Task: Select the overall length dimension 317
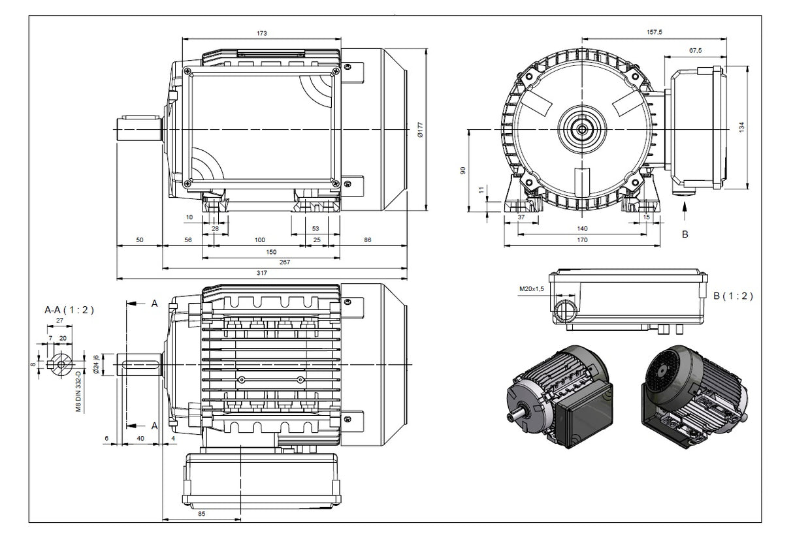(x=261, y=273)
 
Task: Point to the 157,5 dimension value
(x=653, y=32)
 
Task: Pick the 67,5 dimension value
(x=695, y=50)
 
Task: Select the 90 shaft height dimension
(x=462, y=170)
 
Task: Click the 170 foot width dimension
(x=582, y=240)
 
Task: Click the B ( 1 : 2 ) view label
(x=733, y=296)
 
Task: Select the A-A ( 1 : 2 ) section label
(x=69, y=310)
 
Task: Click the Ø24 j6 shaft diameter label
(x=96, y=364)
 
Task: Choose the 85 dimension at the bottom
(x=201, y=514)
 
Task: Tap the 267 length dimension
(x=284, y=262)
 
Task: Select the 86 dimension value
(x=367, y=240)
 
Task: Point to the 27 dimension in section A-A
(x=59, y=320)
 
